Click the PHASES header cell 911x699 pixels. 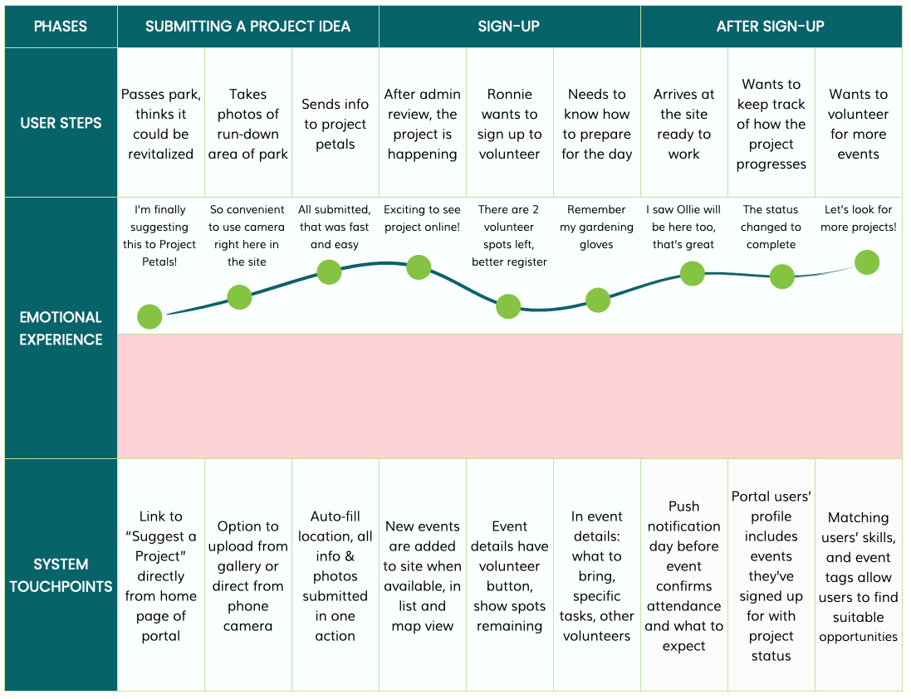(x=61, y=27)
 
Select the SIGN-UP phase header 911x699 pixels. (x=510, y=27)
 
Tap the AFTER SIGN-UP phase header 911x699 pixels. (x=771, y=27)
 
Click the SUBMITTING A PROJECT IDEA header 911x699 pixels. (x=248, y=27)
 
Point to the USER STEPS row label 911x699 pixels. (x=61, y=123)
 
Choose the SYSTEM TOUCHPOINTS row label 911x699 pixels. (x=61, y=574)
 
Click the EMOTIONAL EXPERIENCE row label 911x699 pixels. (x=61, y=328)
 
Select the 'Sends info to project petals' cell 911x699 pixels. (x=336, y=124)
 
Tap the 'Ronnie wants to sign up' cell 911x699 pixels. (x=510, y=124)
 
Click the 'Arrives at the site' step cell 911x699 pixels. (x=683, y=124)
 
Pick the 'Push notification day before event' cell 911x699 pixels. (x=683, y=575)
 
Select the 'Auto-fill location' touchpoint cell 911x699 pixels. (x=336, y=575)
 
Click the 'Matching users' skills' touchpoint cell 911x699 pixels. (x=858, y=575)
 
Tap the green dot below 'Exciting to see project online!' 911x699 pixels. (x=419, y=267)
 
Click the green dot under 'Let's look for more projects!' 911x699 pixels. (x=867, y=262)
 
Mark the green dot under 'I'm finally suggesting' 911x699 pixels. (x=149, y=316)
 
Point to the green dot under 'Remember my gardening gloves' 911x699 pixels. (x=598, y=301)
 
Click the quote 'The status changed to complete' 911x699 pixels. (x=771, y=227)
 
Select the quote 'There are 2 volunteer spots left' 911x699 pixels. (x=509, y=235)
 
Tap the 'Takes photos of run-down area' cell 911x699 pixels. (x=248, y=124)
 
